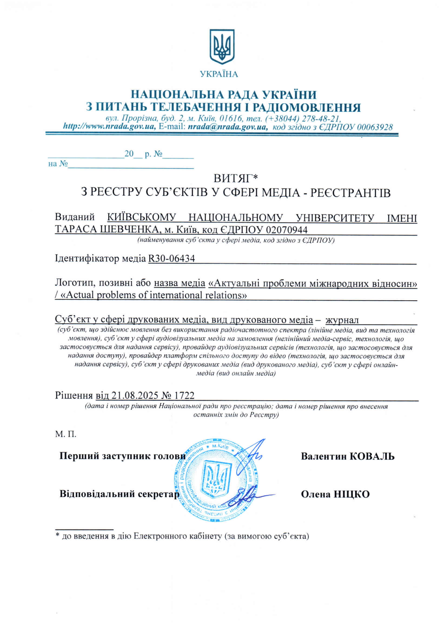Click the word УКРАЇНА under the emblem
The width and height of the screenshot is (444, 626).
[219, 74]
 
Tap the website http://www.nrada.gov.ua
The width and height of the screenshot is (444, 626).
[109, 127]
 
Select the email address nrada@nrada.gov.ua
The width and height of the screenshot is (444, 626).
[228, 127]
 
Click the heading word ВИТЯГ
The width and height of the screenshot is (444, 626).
[232, 178]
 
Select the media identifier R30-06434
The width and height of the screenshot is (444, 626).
[171, 258]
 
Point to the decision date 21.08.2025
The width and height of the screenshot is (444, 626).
[135, 395]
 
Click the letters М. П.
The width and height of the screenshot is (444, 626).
[66, 434]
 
